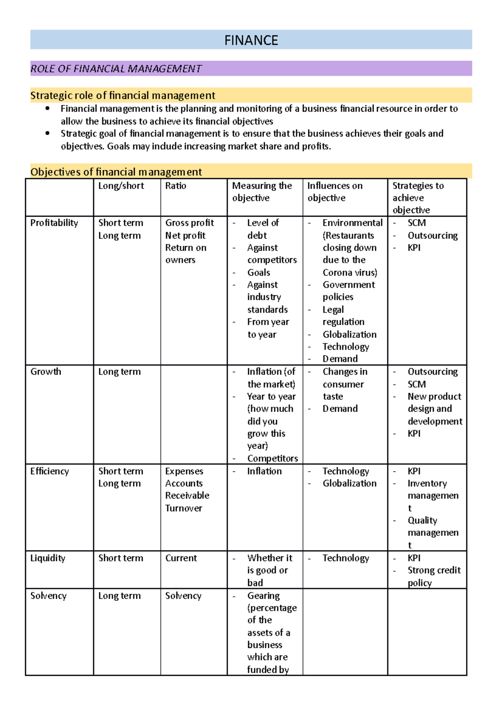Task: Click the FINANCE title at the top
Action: [x=251, y=40]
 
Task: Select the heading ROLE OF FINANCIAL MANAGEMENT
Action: [x=116, y=69]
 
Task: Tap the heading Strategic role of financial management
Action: [x=123, y=95]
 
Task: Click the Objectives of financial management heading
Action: [x=116, y=172]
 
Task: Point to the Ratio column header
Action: [x=176, y=186]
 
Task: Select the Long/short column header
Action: [x=121, y=186]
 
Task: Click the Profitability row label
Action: [x=54, y=223]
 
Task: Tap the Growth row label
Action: [x=46, y=372]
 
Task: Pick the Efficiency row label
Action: [x=49, y=471]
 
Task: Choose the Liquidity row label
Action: [x=48, y=558]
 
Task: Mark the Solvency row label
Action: [x=48, y=596]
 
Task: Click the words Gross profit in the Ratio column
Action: [x=190, y=223]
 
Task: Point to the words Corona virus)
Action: [x=350, y=273]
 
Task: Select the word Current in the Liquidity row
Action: [x=181, y=558]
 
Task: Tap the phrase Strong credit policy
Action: [x=434, y=576]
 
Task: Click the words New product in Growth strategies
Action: [x=434, y=396]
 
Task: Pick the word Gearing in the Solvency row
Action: [x=263, y=596]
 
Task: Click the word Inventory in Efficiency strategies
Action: [x=427, y=483]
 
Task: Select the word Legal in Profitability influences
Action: [x=333, y=310]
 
